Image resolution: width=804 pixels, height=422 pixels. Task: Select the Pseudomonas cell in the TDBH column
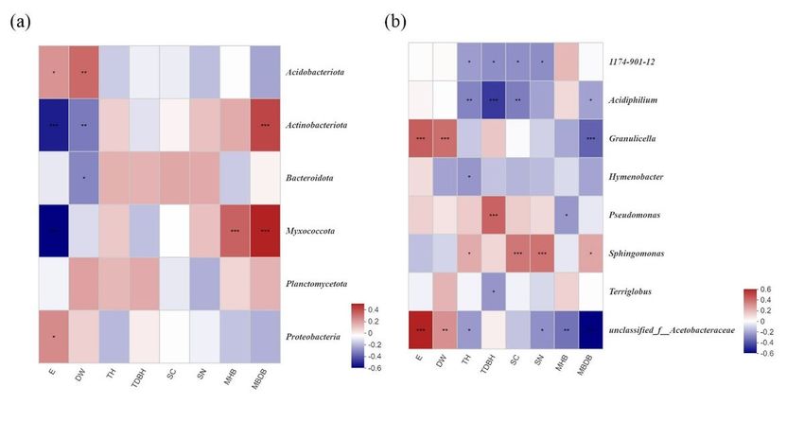click(x=494, y=214)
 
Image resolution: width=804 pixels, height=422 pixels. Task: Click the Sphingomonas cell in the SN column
click(x=542, y=253)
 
